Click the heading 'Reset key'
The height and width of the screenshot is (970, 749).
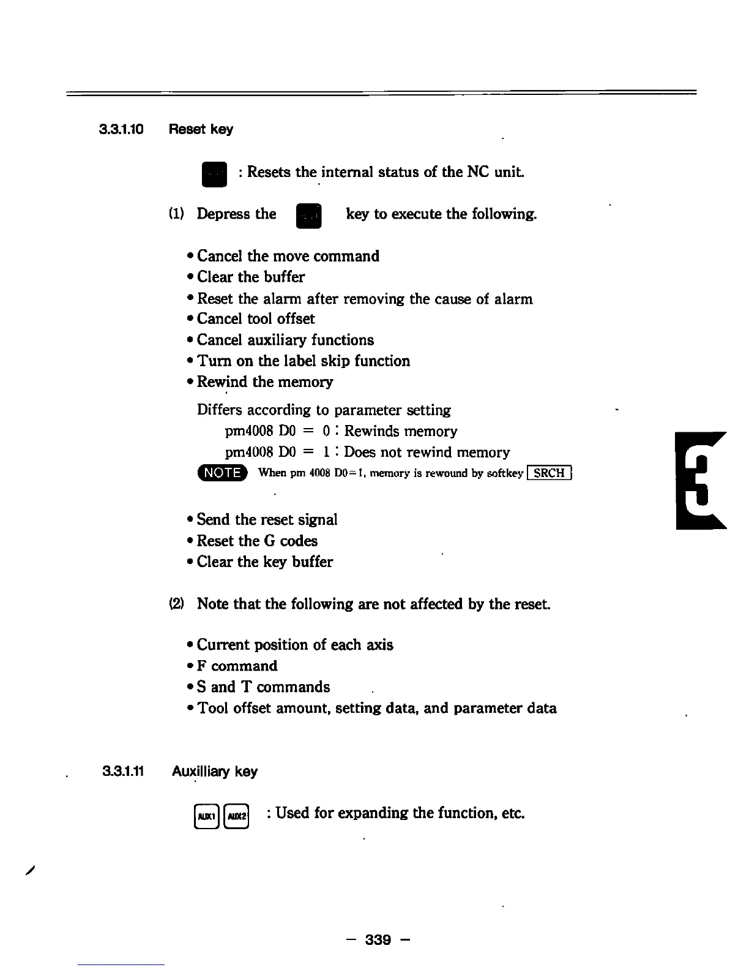pyautogui.click(x=201, y=130)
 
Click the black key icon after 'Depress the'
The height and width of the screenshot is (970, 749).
pyautogui.click(x=308, y=216)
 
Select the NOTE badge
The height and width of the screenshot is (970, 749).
pyautogui.click(x=222, y=473)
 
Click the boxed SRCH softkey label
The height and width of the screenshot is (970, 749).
pyautogui.click(x=550, y=473)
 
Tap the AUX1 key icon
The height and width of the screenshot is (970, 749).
pyautogui.click(x=206, y=816)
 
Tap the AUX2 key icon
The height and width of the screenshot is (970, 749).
pyautogui.click(x=237, y=816)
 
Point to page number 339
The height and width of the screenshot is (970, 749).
pyautogui.click(x=378, y=939)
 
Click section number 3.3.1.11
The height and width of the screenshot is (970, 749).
pyautogui.click(x=123, y=772)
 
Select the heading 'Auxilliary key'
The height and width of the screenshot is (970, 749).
pyautogui.click(x=215, y=772)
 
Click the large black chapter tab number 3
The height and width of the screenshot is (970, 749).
pyautogui.click(x=700, y=481)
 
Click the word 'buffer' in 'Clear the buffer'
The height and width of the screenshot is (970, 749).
pyautogui.click(x=284, y=277)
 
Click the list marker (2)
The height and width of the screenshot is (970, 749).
pyautogui.click(x=176, y=604)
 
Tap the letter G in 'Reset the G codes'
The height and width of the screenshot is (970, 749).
pyautogui.click(x=269, y=541)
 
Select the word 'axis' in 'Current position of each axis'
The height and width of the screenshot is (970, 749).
pyautogui.click(x=379, y=645)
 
